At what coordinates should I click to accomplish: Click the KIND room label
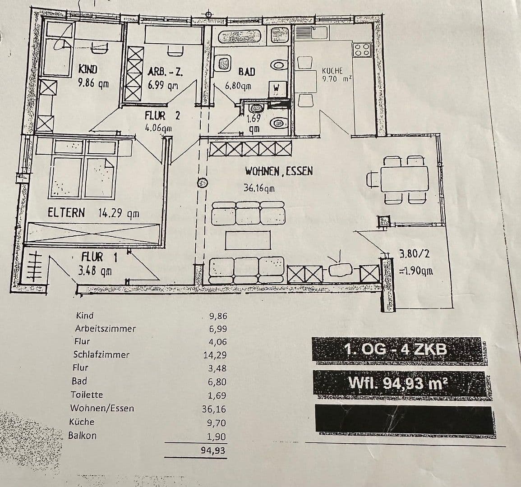coord(88,69)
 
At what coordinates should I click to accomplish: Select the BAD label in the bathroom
coord(246,72)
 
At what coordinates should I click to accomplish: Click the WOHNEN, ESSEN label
coord(279,171)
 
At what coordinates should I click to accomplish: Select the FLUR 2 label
coord(162,116)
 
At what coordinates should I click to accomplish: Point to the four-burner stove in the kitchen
coord(362,49)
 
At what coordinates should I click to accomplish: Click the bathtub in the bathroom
coord(238,37)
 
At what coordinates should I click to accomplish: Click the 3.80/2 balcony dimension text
coord(415,253)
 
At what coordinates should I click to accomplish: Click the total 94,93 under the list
coord(212,450)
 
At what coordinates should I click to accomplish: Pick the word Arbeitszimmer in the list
coord(106,329)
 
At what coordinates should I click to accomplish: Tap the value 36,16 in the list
coord(214,409)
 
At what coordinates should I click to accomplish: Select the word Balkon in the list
coord(83,436)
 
